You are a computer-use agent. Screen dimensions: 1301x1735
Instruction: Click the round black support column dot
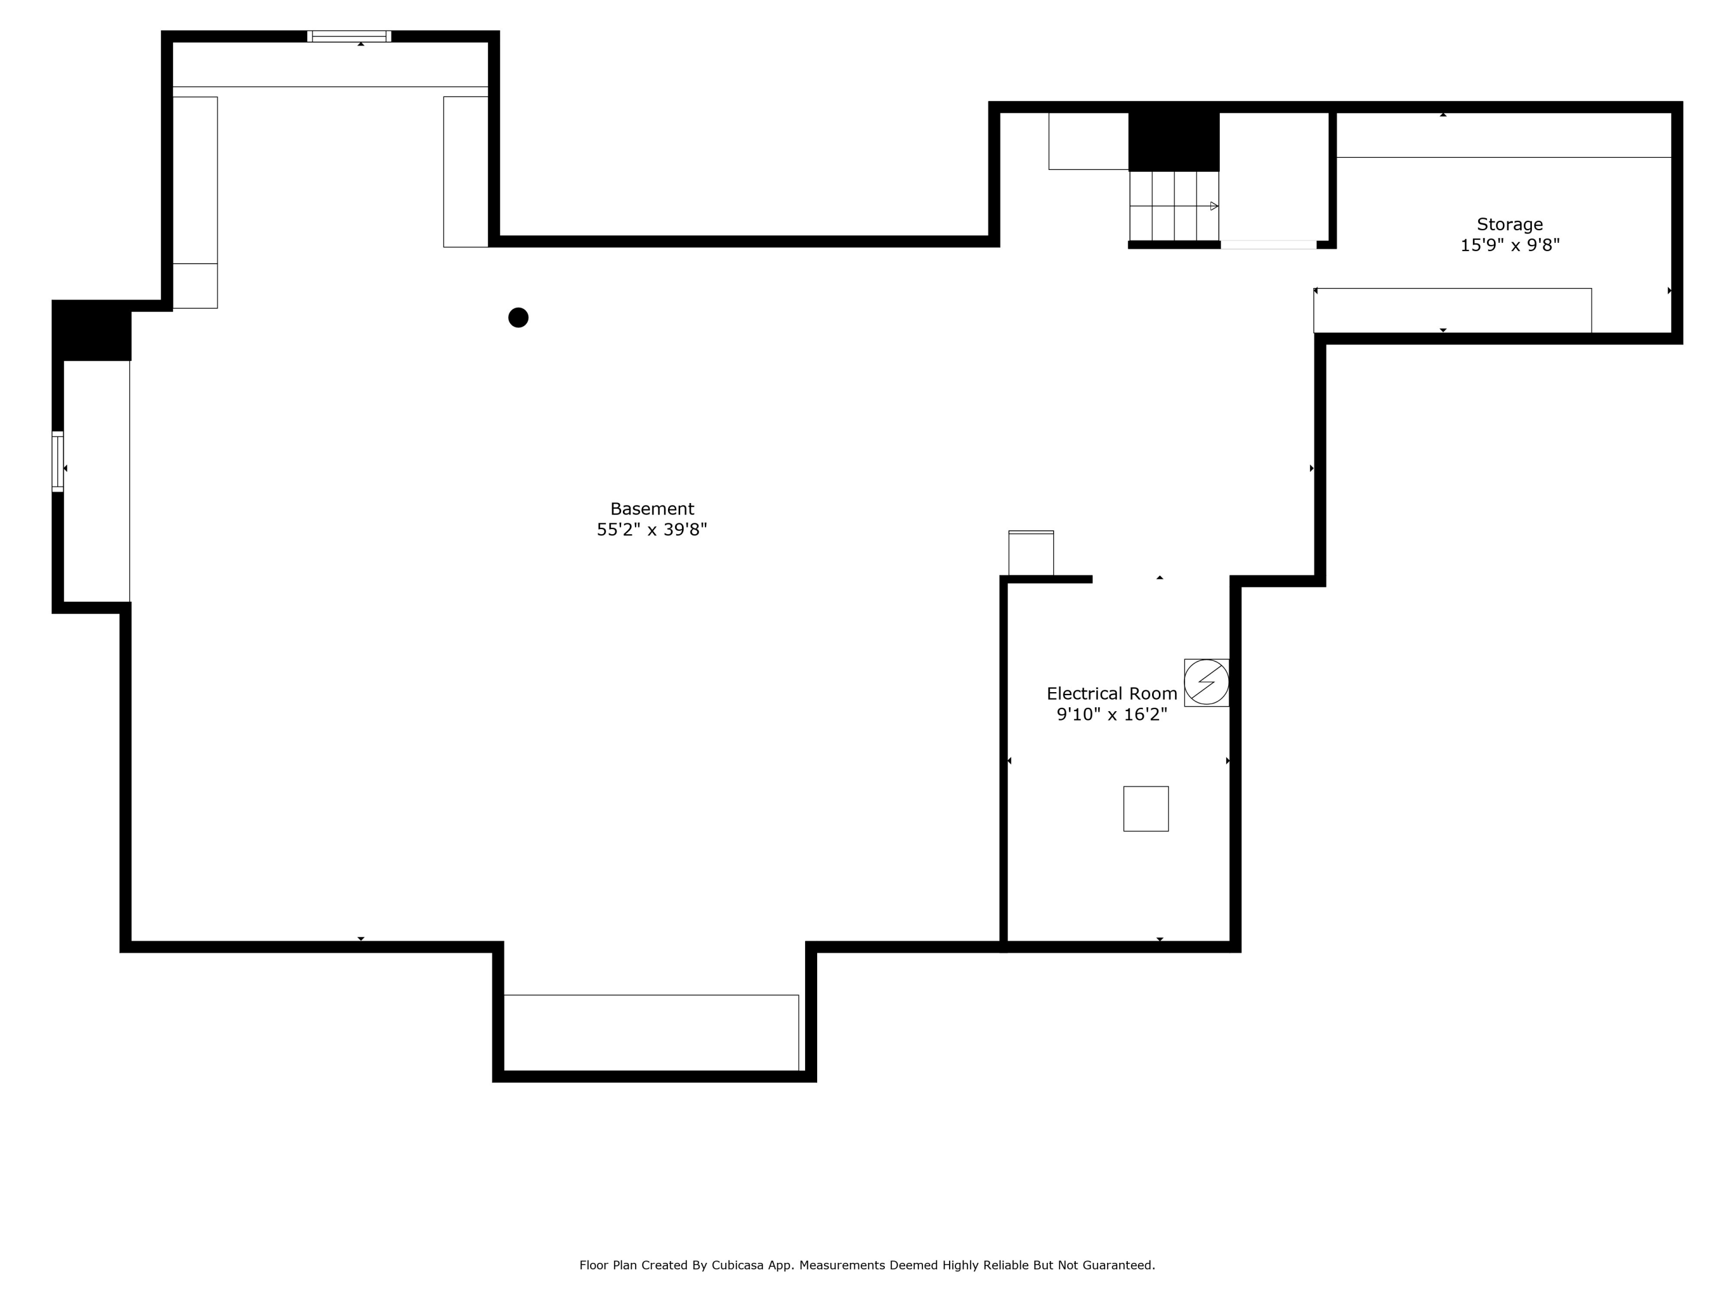[518, 317]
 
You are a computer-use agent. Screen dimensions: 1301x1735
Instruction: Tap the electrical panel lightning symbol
[1206, 682]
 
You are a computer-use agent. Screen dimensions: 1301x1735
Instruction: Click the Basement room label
[652, 509]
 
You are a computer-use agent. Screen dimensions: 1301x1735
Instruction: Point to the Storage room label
[1509, 224]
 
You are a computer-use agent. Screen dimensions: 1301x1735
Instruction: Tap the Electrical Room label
[1112, 694]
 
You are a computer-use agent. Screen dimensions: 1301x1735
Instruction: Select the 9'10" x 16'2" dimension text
[1112, 715]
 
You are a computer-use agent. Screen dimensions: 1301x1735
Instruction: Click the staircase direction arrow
[1213, 206]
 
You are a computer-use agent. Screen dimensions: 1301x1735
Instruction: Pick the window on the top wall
[349, 36]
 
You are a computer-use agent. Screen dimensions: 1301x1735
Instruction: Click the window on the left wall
[57, 462]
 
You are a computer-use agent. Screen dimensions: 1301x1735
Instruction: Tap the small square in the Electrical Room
[1145, 808]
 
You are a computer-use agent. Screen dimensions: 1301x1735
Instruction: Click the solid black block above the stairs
[1173, 141]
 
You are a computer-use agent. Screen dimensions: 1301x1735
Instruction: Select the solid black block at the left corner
[92, 331]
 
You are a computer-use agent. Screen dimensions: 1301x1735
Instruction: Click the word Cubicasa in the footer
[737, 1265]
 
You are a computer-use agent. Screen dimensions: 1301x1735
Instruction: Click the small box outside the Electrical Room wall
[1031, 554]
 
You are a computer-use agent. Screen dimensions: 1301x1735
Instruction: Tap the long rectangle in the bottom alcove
[651, 1032]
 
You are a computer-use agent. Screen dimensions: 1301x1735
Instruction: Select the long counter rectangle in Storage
[1452, 311]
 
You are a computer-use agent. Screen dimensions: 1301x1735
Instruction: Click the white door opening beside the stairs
[1268, 245]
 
